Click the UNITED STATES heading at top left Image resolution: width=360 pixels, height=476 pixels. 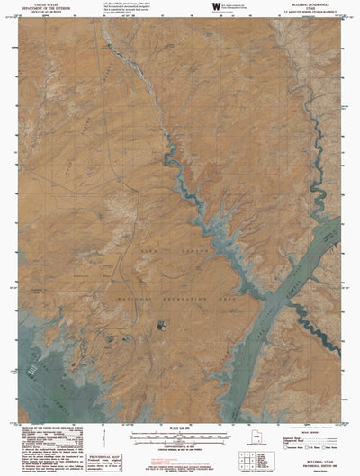point(42,4)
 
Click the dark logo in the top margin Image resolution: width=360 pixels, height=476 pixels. point(216,7)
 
